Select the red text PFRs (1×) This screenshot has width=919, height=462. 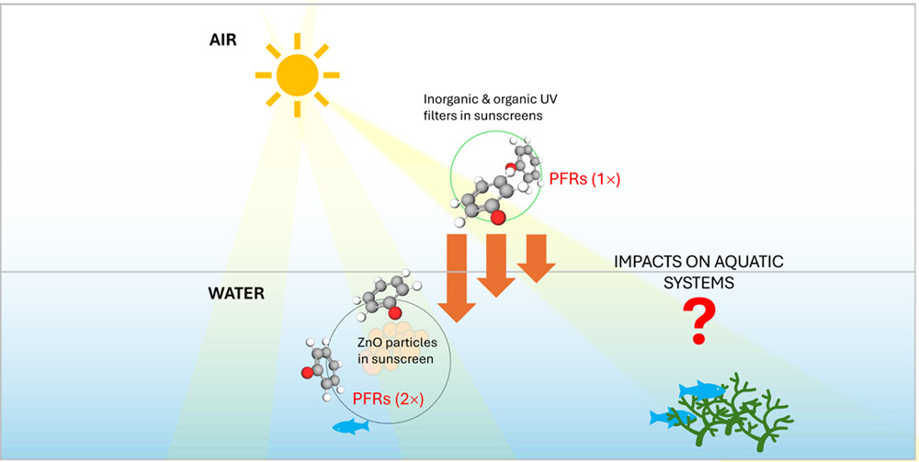pyautogui.click(x=584, y=180)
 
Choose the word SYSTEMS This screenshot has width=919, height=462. pyautogui.click(x=700, y=283)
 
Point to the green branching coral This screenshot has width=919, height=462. pyautogui.click(x=735, y=413)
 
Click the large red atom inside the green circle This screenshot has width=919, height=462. pyautogui.click(x=498, y=218)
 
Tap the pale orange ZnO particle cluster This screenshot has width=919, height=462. pyautogui.click(x=395, y=344)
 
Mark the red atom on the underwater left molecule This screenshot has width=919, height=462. pyautogui.click(x=310, y=374)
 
